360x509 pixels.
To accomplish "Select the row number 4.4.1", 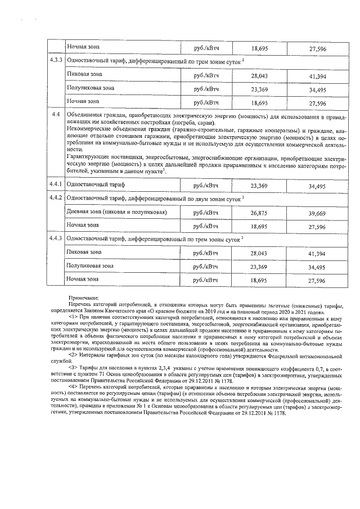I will click(x=56, y=185).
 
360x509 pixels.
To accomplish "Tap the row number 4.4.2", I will click(x=56, y=199).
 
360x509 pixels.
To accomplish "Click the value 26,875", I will click(x=259, y=213).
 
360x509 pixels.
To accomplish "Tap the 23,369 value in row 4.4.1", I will click(x=259, y=185).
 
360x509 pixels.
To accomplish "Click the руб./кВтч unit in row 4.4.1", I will click(x=206, y=185).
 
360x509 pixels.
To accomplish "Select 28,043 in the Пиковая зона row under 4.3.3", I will click(x=259, y=75).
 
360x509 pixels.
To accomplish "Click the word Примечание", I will click(x=84, y=298).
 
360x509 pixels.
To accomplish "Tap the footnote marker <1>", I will click(x=74, y=317).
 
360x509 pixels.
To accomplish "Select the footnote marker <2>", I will click(x=74, y=355).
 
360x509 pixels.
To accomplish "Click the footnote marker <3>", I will click(x=74, y=367).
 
